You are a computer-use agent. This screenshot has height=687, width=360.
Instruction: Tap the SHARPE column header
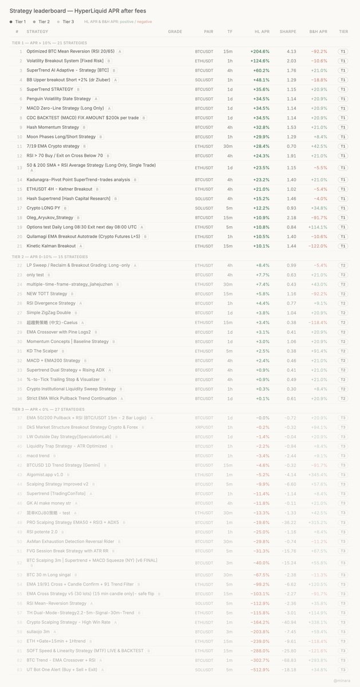click(288, 31)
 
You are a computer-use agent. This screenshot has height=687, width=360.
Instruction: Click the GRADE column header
click(175, 31)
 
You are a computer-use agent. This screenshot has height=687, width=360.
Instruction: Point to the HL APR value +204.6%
click(259, 52)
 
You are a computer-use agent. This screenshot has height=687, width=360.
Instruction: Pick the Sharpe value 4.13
click(291, 52)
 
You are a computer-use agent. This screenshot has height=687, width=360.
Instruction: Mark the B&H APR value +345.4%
click(318, 475)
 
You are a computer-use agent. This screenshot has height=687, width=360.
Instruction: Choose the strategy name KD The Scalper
click(42, 351)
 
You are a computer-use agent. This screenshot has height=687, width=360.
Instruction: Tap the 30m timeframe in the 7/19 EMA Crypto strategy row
click(230, 146)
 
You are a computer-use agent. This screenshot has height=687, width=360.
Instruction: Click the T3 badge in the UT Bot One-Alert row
click(343, 669)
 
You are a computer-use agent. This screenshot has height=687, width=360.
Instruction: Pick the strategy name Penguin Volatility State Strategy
click(58, 99)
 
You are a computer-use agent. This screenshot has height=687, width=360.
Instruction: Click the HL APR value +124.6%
click(259, 61)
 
